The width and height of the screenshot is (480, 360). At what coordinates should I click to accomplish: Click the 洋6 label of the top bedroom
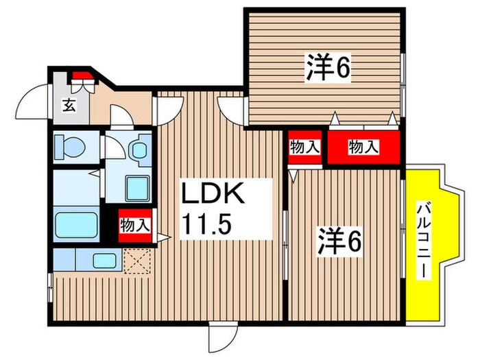[x=328, y=67]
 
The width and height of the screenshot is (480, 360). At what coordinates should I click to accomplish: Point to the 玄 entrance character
[x=69, y=105]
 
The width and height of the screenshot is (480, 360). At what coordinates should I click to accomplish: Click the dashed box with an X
[x=136, y=260]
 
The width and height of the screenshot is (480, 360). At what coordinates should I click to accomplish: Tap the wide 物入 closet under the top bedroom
[x=354, y=146]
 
